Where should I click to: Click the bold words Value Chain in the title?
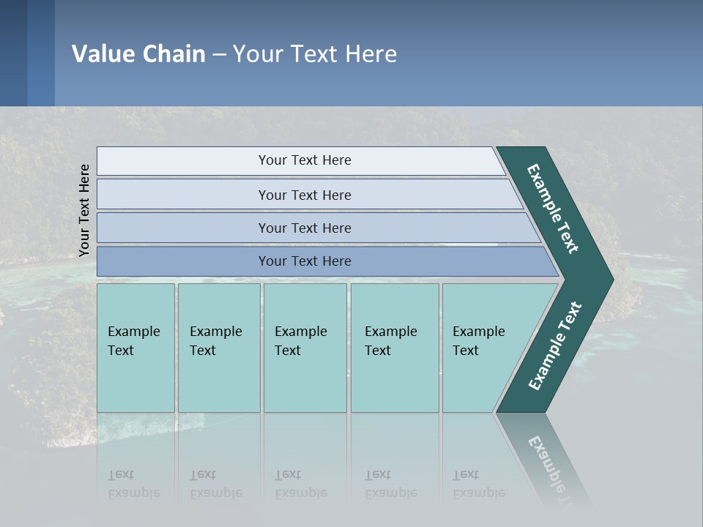(138, 54)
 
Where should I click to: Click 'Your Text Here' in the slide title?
(315, 54)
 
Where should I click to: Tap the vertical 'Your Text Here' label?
(84, 210)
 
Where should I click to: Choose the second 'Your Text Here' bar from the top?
(304, 195)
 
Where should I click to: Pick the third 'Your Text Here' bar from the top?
(304, 228)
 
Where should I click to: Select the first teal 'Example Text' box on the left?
(135, 348)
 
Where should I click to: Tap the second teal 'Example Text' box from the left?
(218, 348)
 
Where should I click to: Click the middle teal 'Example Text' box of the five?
(305, 348)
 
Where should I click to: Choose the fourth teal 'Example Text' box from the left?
(394, 348)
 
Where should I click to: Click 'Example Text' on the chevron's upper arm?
(553, 209)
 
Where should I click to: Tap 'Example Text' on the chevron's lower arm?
(554, 346)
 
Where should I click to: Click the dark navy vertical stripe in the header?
(13, 53)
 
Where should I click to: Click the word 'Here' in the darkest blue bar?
(337, 261)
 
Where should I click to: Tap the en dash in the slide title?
(219, 55)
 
